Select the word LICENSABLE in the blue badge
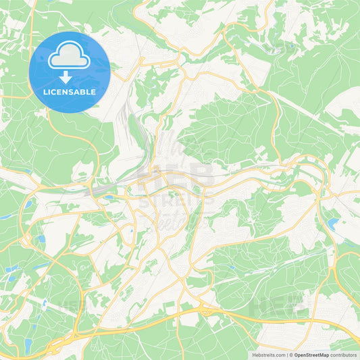pos(69,91)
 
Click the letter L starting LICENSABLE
pos(45,91)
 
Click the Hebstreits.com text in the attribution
pos(269,355)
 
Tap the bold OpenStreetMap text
pos(311,355)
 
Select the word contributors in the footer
pos(343,355)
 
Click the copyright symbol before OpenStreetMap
pos(290,355)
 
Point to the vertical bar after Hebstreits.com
pos(286,355)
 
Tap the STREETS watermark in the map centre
pos(180,200)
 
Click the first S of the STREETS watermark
pos(150,200)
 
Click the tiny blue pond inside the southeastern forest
pos(232,266)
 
